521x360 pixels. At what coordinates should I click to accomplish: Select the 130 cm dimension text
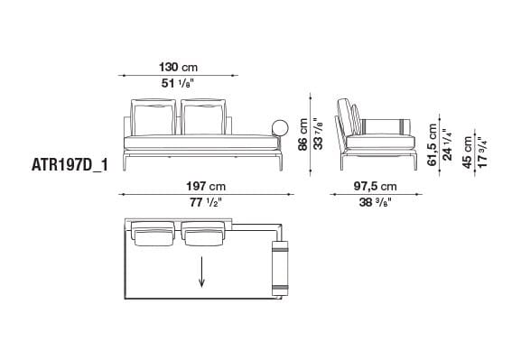[177, 68]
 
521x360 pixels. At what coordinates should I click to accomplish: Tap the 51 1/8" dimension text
[177, 84]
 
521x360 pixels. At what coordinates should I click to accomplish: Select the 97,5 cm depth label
[373, 187]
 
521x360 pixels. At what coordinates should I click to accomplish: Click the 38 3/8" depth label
[373, 203]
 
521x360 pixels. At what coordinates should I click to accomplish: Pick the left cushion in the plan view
[154, 235]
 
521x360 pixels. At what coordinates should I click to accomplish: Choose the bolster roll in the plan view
[281, 266]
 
